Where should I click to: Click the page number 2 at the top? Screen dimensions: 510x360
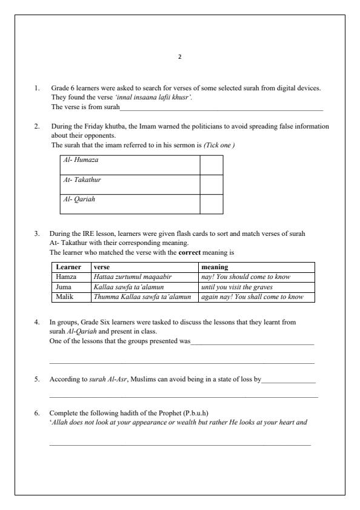point(179,57)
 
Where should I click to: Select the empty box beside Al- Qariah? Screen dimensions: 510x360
point(211,204)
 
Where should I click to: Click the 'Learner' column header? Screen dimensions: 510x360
point(68,267)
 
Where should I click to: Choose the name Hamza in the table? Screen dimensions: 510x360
point(66,277)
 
